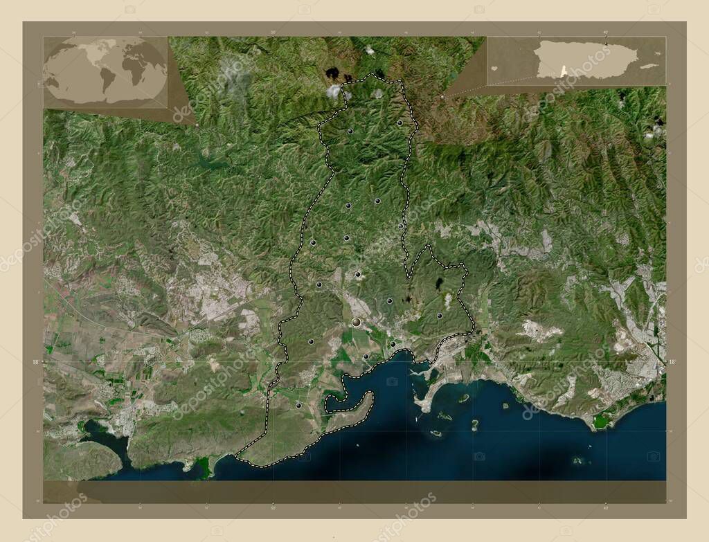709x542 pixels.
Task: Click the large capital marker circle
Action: pos(356,322)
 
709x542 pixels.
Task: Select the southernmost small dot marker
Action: pos(298,405)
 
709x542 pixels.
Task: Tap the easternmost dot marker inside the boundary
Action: pos(440,316)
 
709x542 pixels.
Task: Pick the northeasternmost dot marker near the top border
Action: pos(400,123)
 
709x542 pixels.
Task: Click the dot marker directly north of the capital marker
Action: pos(357,275)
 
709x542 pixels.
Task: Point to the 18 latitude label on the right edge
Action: pos(672,361)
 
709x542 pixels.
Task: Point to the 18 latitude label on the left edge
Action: pos(36,361)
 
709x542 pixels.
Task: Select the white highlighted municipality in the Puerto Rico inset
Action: pos(563,71)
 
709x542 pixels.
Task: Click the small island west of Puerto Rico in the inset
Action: pos(494,69)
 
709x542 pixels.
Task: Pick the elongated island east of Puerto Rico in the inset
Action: pos(649,66)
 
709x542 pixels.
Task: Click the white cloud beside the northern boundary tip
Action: pos(334,91)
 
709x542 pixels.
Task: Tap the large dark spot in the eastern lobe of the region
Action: pos(440,283)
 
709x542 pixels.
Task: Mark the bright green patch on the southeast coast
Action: pos(601,420)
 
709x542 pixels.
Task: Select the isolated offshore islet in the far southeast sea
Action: pos(577,460)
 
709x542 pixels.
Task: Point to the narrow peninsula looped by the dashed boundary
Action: pos(353,408)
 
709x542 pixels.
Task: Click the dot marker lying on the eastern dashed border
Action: pos(401,226)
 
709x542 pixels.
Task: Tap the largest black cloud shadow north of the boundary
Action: pos(332,73)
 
